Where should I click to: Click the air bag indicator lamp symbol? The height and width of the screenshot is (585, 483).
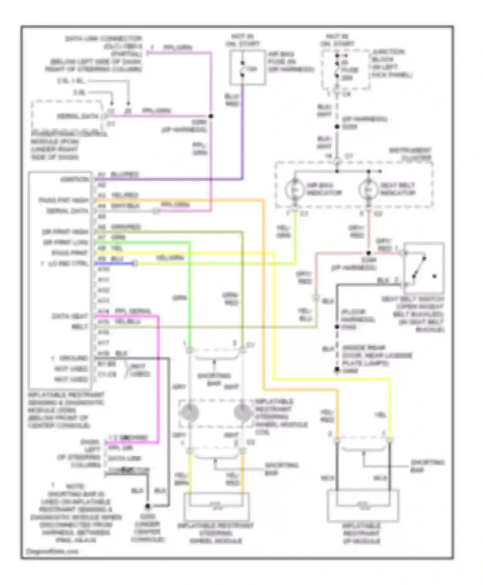click(294, 189)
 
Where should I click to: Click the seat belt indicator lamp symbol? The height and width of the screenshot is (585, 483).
click(368, 189)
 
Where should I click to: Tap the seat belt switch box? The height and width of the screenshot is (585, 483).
click(424, 268)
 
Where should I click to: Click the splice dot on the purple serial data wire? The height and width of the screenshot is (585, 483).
click(211, 116)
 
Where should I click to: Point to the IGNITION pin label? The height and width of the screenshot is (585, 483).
click(75, 179)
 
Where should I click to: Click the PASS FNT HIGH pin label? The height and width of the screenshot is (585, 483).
click(64, 200)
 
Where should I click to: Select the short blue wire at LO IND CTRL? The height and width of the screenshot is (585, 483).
click(114, 263)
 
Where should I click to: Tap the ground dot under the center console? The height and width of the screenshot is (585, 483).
click(147, 506)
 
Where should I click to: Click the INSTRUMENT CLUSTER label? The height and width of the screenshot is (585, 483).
click(410, 154)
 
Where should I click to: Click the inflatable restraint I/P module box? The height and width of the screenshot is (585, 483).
click(363, 505)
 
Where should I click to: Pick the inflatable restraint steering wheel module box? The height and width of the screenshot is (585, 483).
click(216, 506)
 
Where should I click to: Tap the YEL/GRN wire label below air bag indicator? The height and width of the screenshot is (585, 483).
click(284, 232)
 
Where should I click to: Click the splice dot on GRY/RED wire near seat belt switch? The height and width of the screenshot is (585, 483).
click(368, 253)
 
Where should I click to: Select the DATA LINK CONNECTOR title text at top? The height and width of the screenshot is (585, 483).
click(103, 39)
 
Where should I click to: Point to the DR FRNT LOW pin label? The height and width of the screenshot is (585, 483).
click(66, 243)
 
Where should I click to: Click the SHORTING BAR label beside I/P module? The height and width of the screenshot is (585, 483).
click(427, 466)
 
